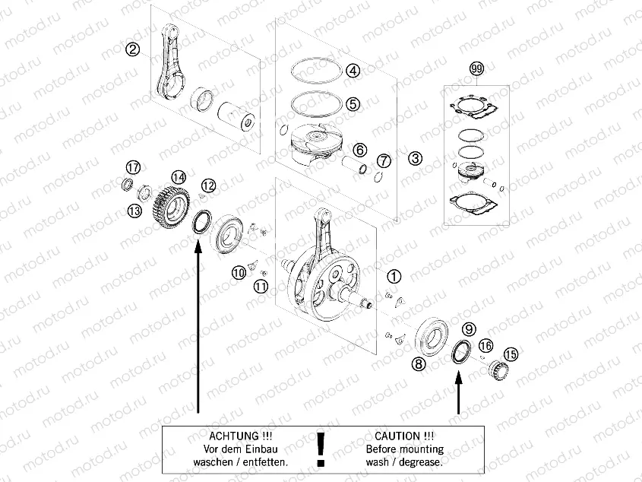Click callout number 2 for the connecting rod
click(x=133, y=50)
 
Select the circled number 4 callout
click(x=353, y=71)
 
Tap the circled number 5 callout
click(x=353, y=103)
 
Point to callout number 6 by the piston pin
click(x=359, y=150)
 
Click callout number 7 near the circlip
click(x=384, y=160)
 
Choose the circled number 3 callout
click(x=414, y=158)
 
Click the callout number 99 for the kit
click(x=476, y=70)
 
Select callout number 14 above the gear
click(x=178, y=177)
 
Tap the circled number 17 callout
click(x=133, y=167)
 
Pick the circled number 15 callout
click(x=511, y=354)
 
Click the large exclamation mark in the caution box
click(x=321, y=449)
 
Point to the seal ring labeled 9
click(x=459, y=354)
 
